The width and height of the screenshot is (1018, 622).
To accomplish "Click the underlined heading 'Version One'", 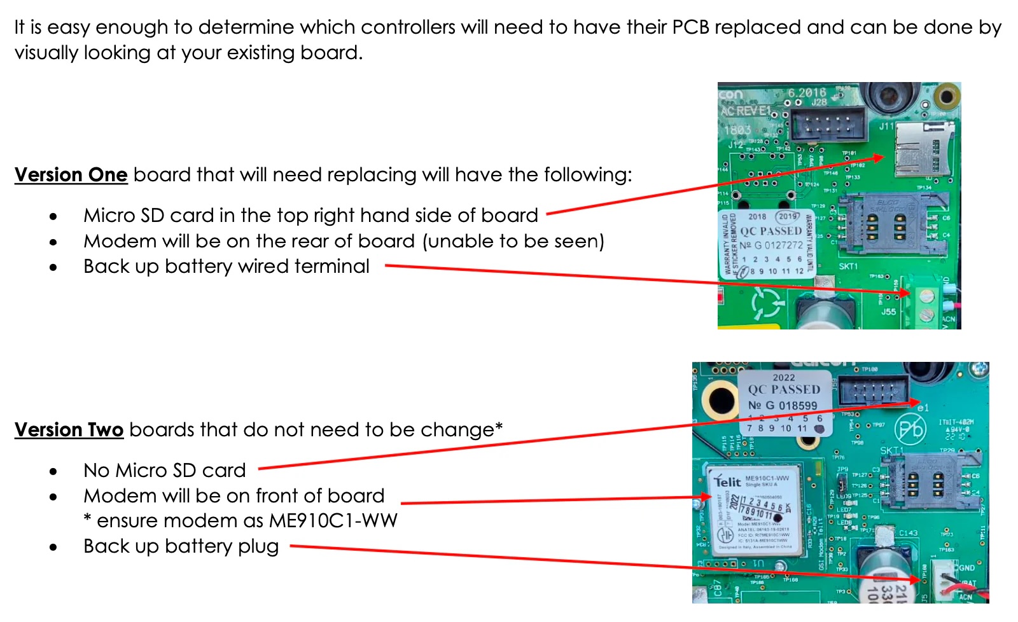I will (71, 175).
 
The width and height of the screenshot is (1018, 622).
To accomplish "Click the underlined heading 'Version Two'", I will (69, 430).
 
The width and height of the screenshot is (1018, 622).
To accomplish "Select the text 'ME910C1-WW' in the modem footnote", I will (333, 521).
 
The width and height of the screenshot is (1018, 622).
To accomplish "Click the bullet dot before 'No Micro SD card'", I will (53, 471).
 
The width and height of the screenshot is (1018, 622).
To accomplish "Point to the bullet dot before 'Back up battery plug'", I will (53, 547).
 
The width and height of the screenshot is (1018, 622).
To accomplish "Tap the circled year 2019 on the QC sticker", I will (788, 216).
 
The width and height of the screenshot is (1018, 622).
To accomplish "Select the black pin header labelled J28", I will (826, 123).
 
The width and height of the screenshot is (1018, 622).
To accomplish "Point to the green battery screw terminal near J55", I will (926, 304).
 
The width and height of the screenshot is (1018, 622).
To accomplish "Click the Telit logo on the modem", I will (727, 481).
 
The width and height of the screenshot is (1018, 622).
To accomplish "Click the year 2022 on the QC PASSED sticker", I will (783, 377).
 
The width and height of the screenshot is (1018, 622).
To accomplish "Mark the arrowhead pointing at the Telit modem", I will (706, 497).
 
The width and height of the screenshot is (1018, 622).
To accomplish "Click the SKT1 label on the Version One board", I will (847, 266).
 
